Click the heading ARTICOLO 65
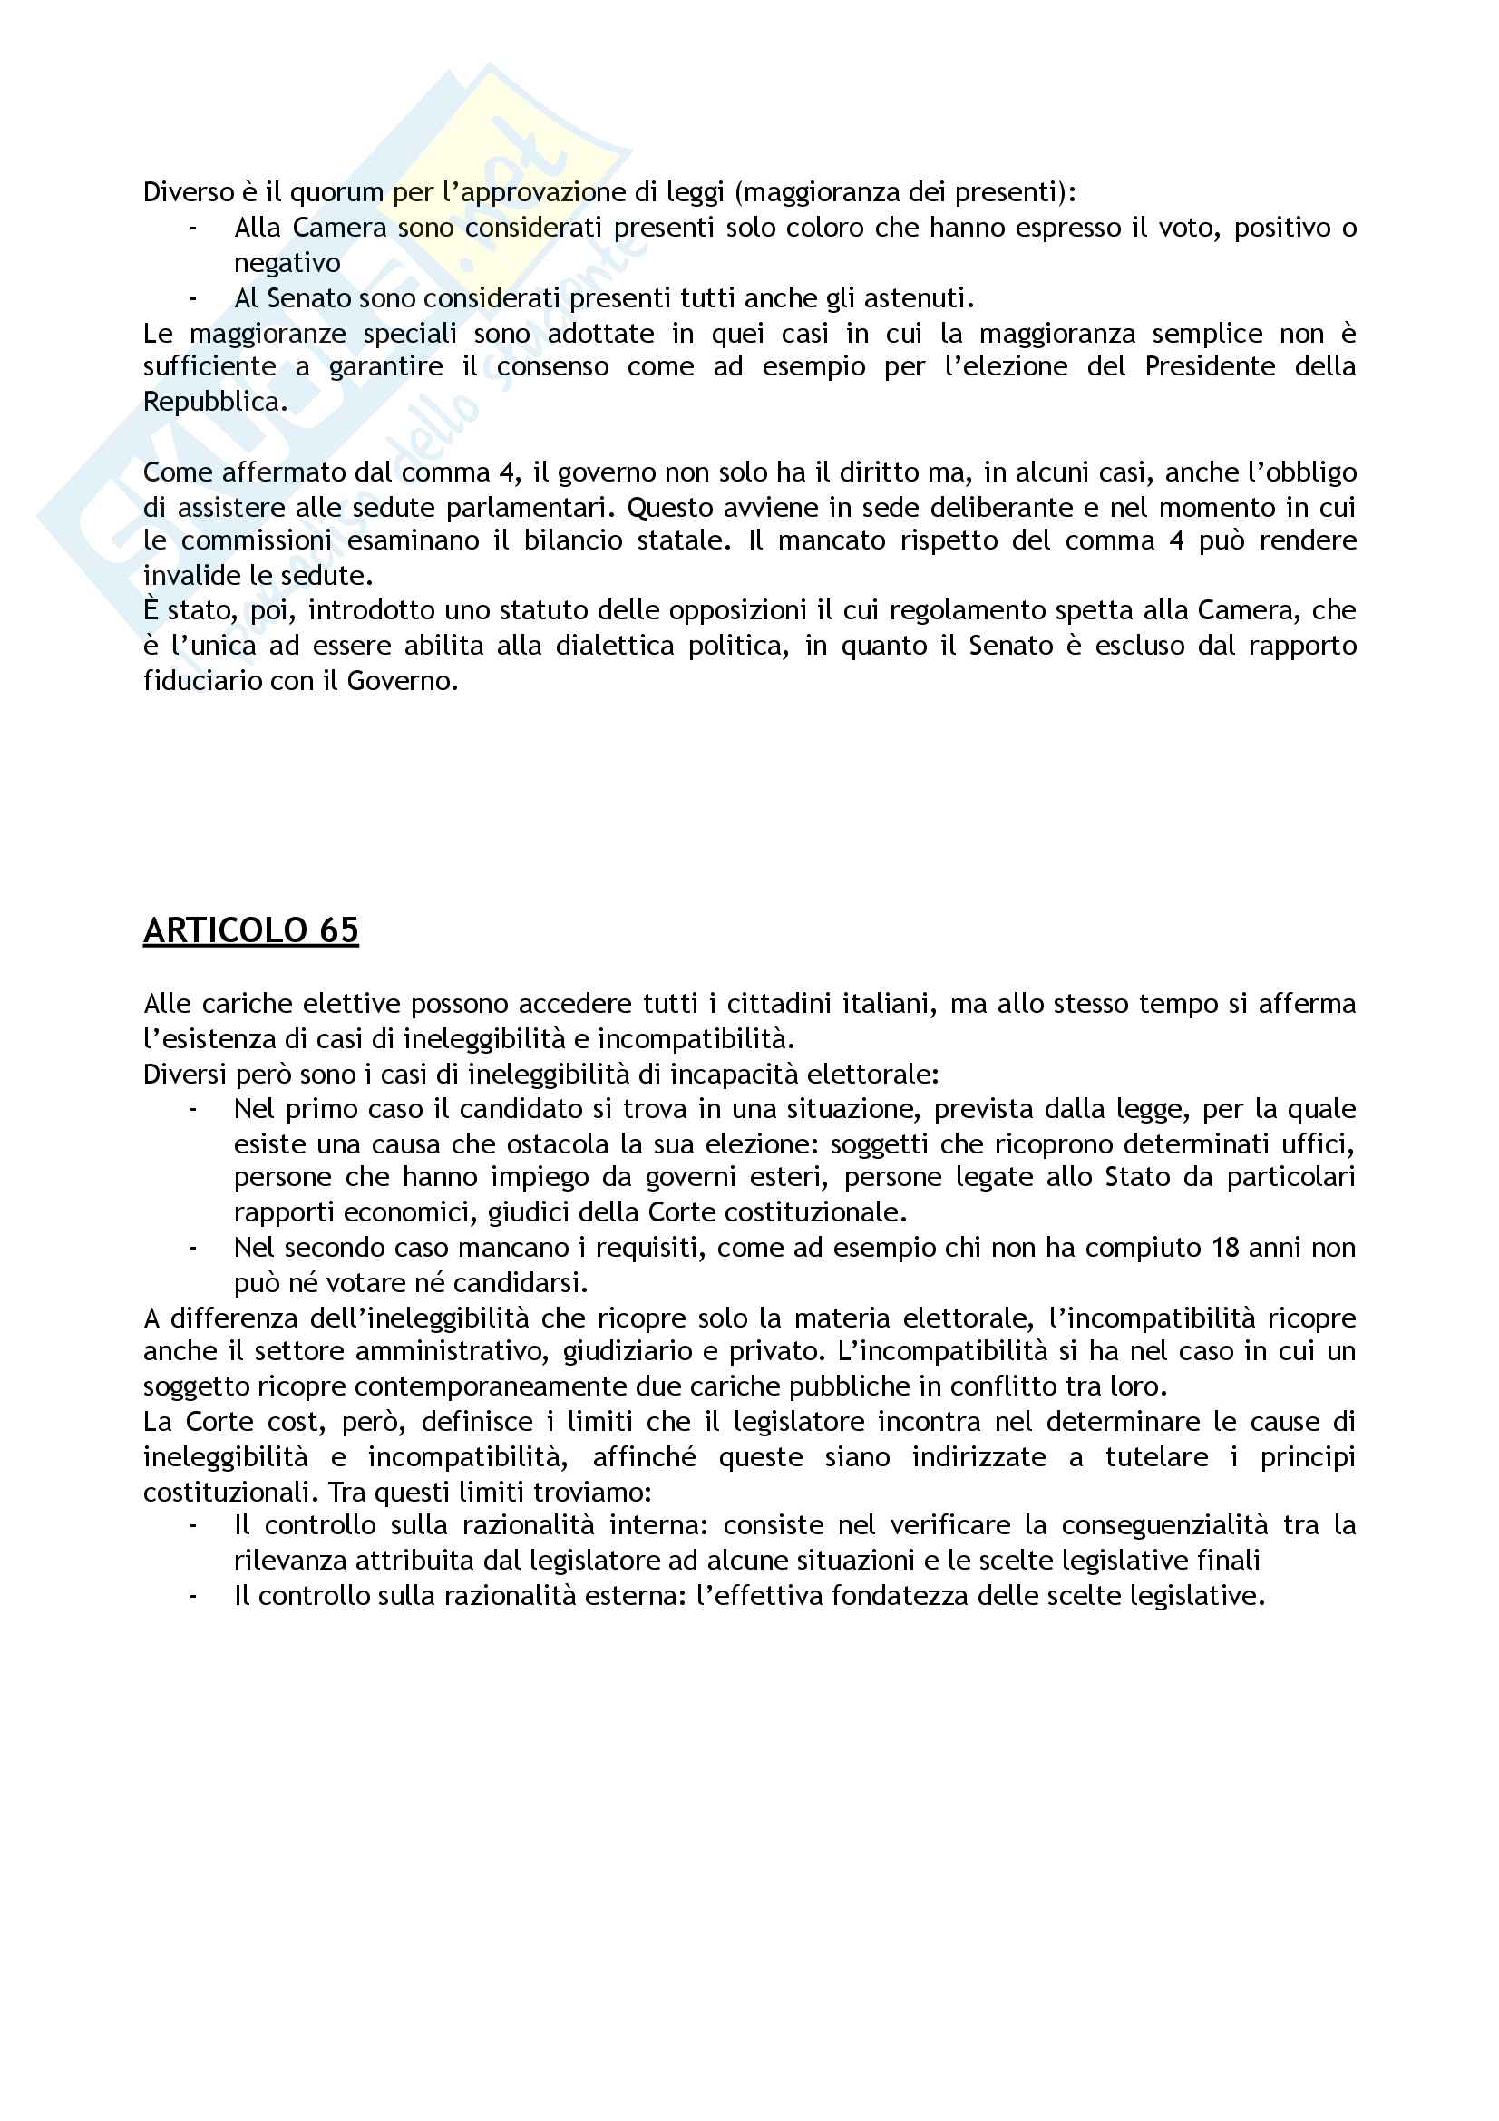click(x=250, y=930)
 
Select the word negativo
click(x=287, y=263)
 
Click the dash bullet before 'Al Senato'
click(x=192, y=298)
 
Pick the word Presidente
click(x=1210, y=366)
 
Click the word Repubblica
click(x=213, y=402)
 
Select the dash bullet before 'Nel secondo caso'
click(x=192, y=1248)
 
